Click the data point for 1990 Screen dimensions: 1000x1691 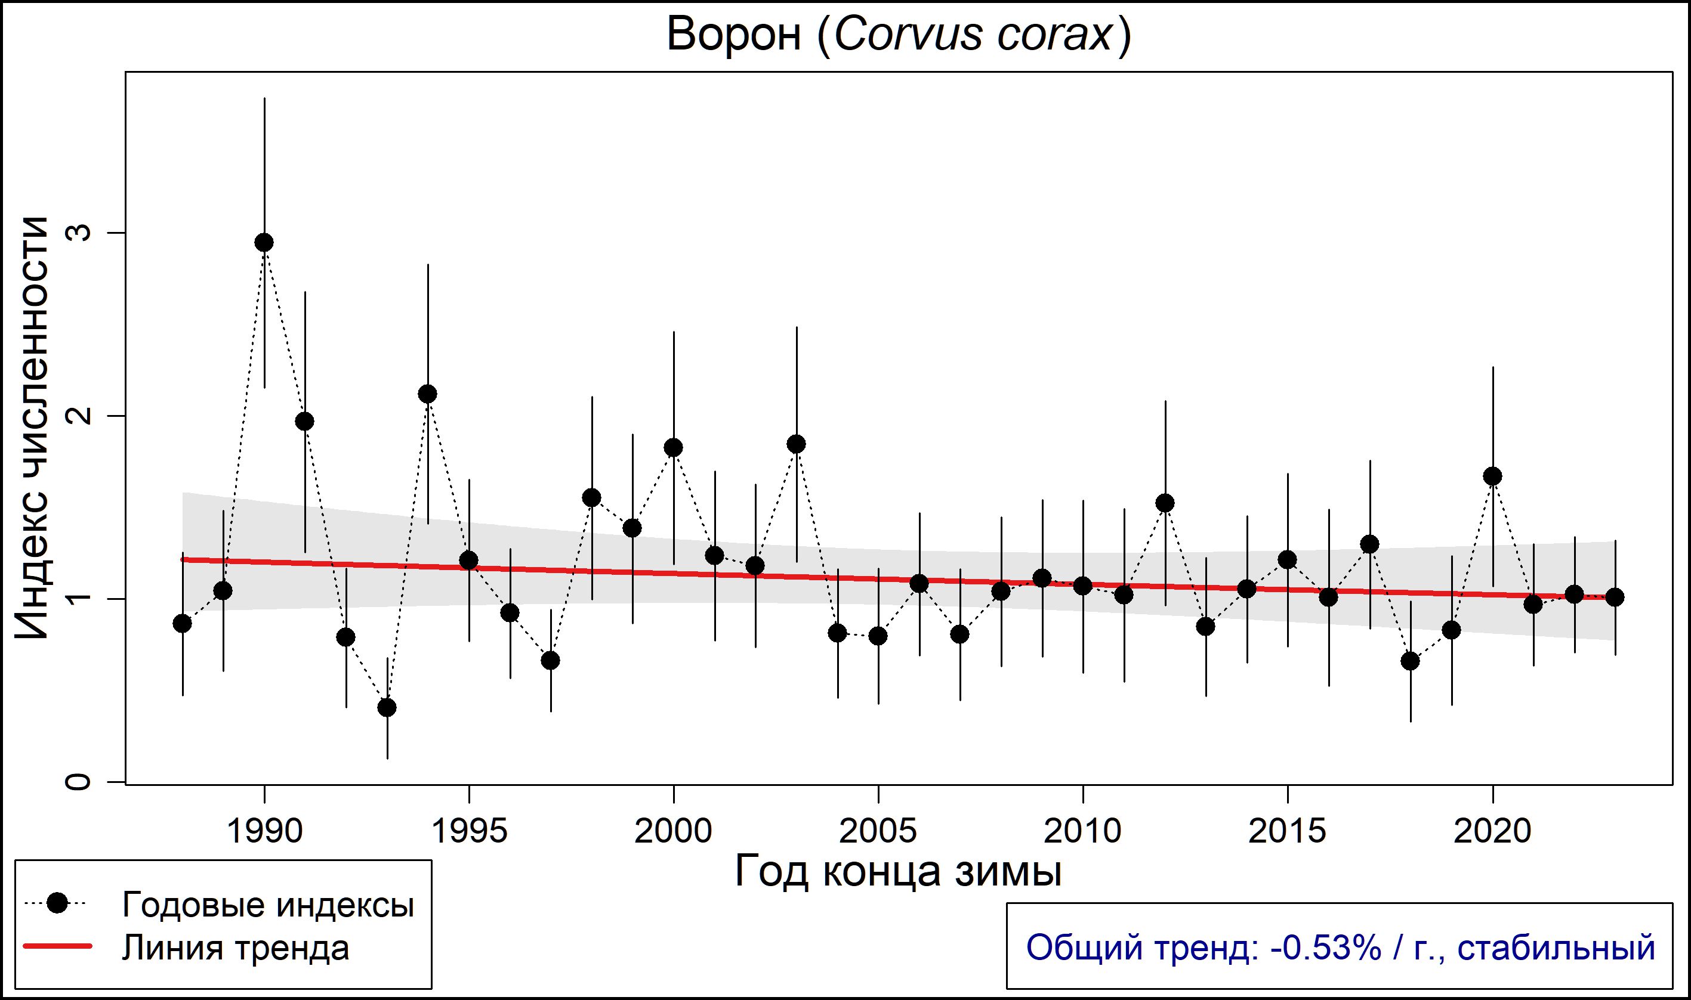(264, 243)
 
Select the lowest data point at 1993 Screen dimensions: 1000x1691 (387, 708)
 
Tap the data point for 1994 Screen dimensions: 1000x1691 (427, 394)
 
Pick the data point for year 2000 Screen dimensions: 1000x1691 (674, 447)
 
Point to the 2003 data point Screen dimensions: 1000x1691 (797, 444)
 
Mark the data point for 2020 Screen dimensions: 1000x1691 (1493, 476)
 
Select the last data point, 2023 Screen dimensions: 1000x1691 (1615, 597)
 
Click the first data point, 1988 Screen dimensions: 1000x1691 (182, 624)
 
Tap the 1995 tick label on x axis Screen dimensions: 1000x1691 (468, 831)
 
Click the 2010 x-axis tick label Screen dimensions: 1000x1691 (1083, 831)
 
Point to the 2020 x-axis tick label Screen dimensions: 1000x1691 (1493, 831)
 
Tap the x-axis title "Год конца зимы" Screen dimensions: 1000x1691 (899, 872)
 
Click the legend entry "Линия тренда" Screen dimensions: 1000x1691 (236, 949)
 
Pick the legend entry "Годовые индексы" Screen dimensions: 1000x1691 (268, 905)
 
